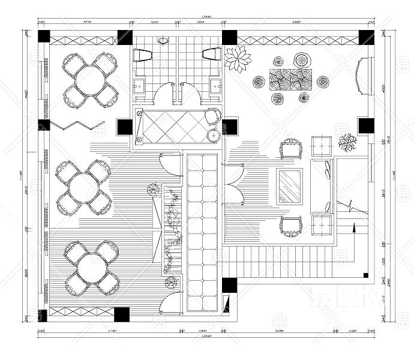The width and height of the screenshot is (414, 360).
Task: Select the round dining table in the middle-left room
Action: (83, 187)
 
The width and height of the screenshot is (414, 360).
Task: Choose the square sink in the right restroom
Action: (215, 86)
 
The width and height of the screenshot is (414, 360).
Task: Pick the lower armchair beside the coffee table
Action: (291, 225)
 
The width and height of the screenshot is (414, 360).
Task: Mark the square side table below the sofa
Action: (322, 225)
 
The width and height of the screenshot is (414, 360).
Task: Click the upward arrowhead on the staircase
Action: (355, 227)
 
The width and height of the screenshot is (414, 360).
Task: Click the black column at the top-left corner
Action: (44, 35)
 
